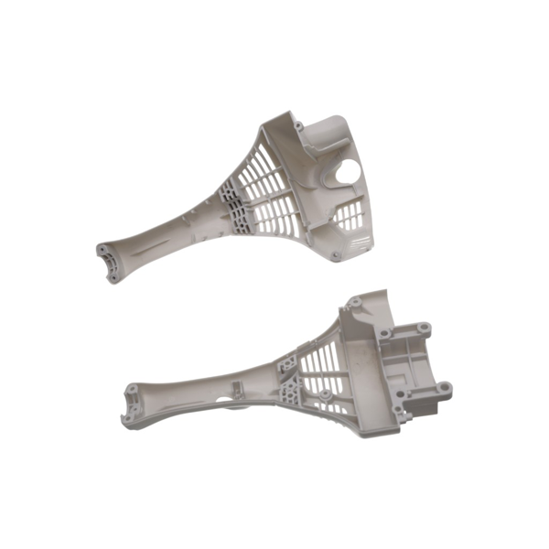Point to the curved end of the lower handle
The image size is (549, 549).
(134, 399)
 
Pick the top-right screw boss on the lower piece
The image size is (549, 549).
(424, 327)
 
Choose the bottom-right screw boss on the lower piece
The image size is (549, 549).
(443, 388)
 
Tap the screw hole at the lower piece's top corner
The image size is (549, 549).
(353, 302)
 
